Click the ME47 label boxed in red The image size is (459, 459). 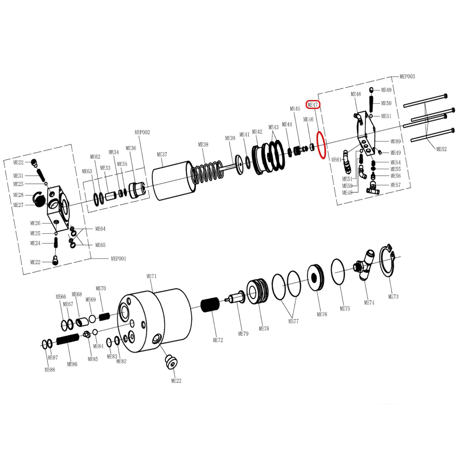(x=313, y=105)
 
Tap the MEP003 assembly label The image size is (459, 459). (x=407, y=76)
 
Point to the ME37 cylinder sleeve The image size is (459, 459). (x=174, y=180)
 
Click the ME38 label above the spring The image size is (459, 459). (x=203, y=145)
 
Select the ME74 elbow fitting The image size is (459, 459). (x=365, y=265)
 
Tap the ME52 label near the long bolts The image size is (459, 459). (x=441, y=149)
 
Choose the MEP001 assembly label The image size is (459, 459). (x=118, y=259)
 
